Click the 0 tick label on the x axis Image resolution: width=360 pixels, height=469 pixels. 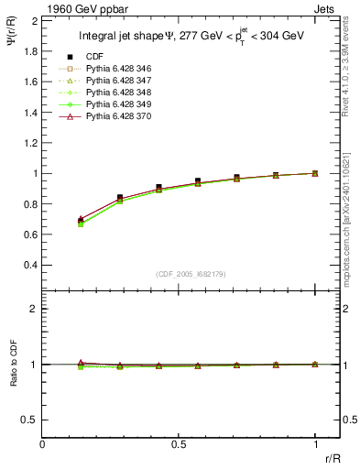click(43, 444)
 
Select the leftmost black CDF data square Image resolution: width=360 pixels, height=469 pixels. click(82, 222)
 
